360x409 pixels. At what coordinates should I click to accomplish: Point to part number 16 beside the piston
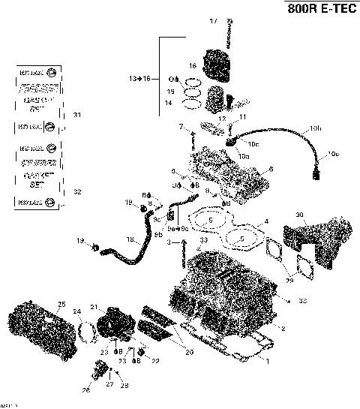tap(192, 65)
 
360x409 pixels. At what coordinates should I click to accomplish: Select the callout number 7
tap(181, 128)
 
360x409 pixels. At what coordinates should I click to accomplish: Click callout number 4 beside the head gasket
tap(265, 223)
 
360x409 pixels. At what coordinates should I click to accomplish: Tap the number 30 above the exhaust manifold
tap(299, 216)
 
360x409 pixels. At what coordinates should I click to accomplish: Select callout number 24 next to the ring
tap(76, 311)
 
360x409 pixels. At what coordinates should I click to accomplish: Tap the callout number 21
tap(93, 308)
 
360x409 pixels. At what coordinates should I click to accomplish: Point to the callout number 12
tap(222, 119)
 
